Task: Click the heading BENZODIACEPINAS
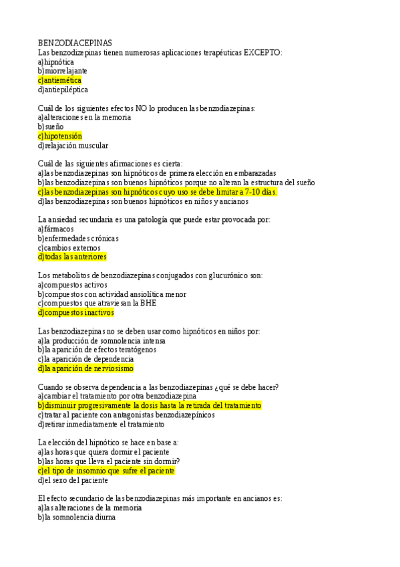point(75,43)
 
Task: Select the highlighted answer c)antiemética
point(60,80)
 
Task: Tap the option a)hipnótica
point(56,62)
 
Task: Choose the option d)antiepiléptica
point(63,90)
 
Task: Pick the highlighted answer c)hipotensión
point(60,136)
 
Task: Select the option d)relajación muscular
point(73,145)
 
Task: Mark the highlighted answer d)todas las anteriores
point(72,257)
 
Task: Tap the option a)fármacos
point(56,229)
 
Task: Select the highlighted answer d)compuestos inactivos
point(76,312)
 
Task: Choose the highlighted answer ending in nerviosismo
point(85,368)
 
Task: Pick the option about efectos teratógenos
point(97,350)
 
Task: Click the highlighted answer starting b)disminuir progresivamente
point(150,406)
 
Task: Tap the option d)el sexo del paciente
point(73,480)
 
